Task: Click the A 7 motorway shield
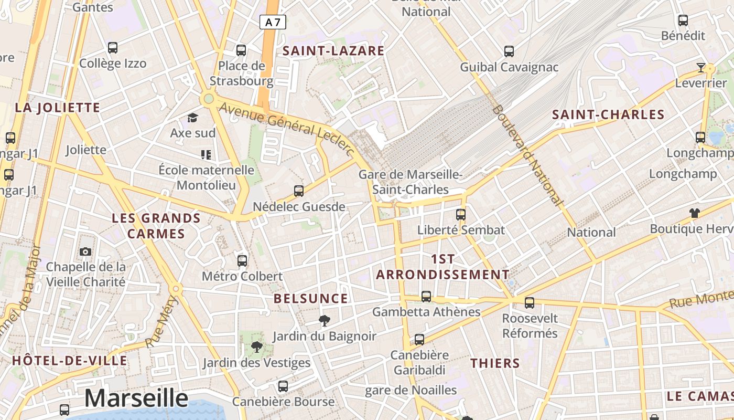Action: (273, 22)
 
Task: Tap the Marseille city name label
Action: (136, 398)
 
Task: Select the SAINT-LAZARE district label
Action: (334, 51)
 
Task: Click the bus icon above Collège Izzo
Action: (113, 48)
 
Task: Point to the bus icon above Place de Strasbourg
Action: (241, 50)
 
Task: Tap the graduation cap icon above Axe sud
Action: (193, 118)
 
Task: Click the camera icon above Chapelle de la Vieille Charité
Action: (85, 252)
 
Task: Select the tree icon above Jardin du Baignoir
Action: (325, 320)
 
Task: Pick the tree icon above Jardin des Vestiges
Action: (256, 346)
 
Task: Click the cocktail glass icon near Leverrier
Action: (701, 67)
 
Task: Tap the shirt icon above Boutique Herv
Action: (695, 213)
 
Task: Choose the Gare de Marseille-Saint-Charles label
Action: (410, 182)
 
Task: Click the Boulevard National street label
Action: (527, 155)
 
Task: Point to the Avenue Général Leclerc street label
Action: (287, 129)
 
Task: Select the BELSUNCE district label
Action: (311, 299)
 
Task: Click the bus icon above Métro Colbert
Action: (242, 260)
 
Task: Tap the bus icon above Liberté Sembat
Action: (461, 214)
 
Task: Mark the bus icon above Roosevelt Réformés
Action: (530, 302)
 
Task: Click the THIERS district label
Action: (495, 363)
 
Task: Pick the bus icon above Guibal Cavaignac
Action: (509, 51)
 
